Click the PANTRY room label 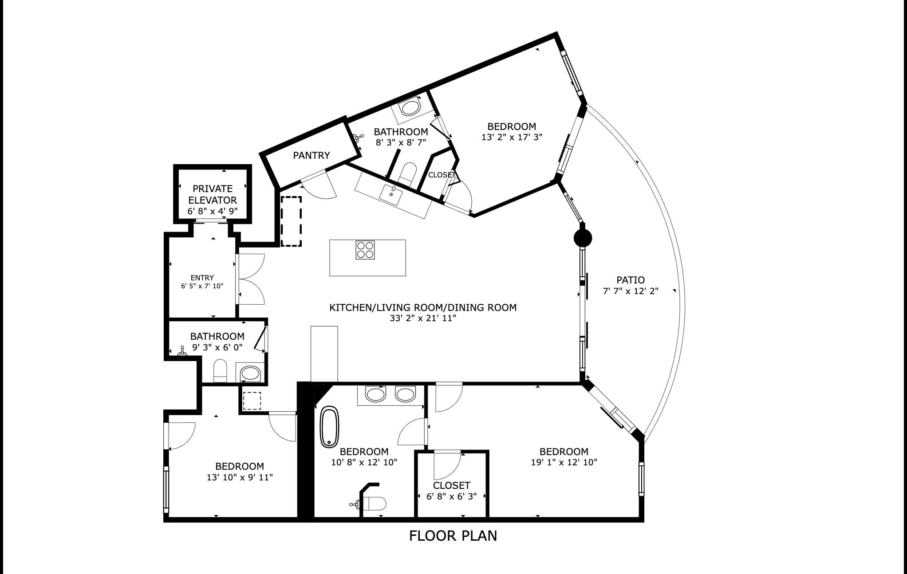point(311,155)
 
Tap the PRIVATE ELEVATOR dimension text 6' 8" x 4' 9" point(213,211)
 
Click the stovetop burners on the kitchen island point(365,249)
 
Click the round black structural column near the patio point(583,238)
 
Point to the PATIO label point(630,280)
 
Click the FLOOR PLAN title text point(453,536)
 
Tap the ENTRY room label point(202,278)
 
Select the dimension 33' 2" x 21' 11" point(422,318)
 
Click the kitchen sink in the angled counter point(391,193)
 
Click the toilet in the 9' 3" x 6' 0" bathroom point(220,371)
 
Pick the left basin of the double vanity point(376,394)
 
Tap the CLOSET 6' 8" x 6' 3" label point(452,485)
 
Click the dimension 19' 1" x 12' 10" point(564,462)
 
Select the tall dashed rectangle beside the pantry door point(291,221)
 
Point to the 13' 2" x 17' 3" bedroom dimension point(512,138)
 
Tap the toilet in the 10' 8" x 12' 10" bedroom point(376,504)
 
